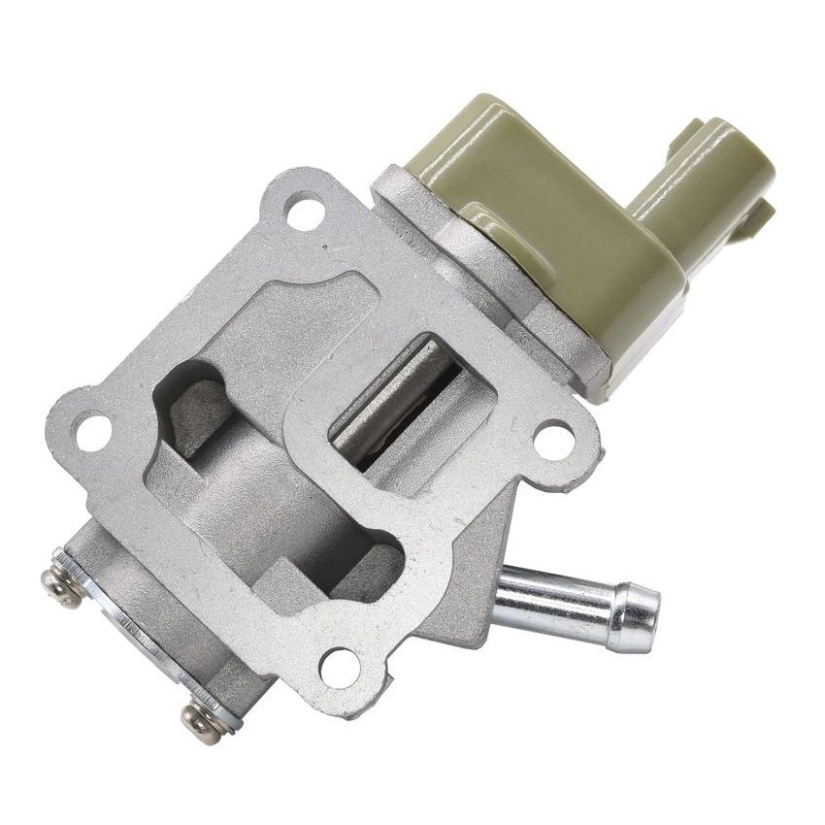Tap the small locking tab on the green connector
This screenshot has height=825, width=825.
click(x=757, y=218)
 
